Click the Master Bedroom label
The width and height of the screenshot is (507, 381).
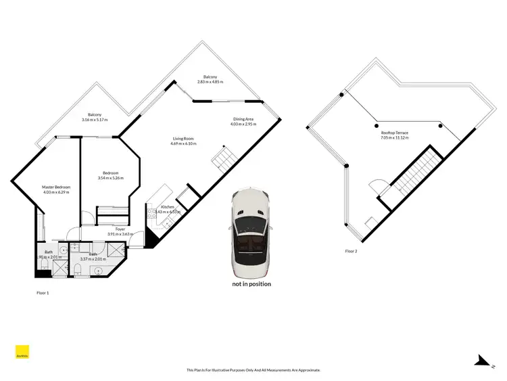point(57,187)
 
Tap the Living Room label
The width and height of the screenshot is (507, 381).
point(184,138)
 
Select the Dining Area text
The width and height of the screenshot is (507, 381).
point(243,119)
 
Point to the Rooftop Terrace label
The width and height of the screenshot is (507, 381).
point(395,133)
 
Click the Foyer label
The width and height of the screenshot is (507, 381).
point(120,229)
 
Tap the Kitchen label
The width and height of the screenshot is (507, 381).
point(167,206)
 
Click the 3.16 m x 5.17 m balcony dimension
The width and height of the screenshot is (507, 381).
point(95,120)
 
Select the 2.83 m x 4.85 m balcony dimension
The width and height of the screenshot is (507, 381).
point(210,82)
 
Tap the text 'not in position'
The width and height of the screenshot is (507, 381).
point(251,284)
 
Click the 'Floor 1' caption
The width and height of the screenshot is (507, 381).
point(43,293)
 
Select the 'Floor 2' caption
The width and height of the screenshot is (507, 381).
point(351,251)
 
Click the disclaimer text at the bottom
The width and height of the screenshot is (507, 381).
point(253,370)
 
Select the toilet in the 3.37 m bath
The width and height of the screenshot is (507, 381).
point(78,270)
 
